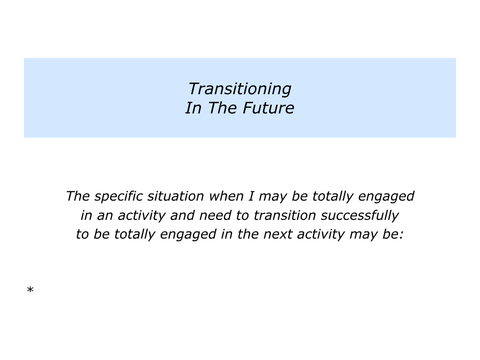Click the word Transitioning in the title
click(240, 89)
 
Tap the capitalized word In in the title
click(193, 108)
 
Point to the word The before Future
click(222, 108)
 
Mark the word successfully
click(360, 216)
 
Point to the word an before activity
click(103, 216)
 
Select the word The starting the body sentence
click(77, 196)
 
